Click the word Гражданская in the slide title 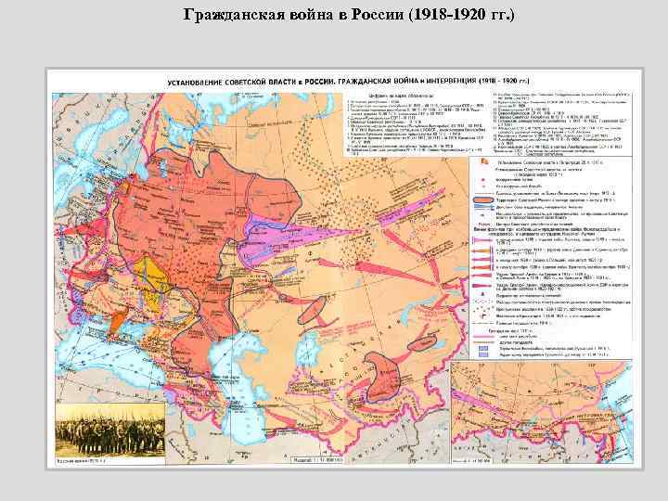[228, 16]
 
